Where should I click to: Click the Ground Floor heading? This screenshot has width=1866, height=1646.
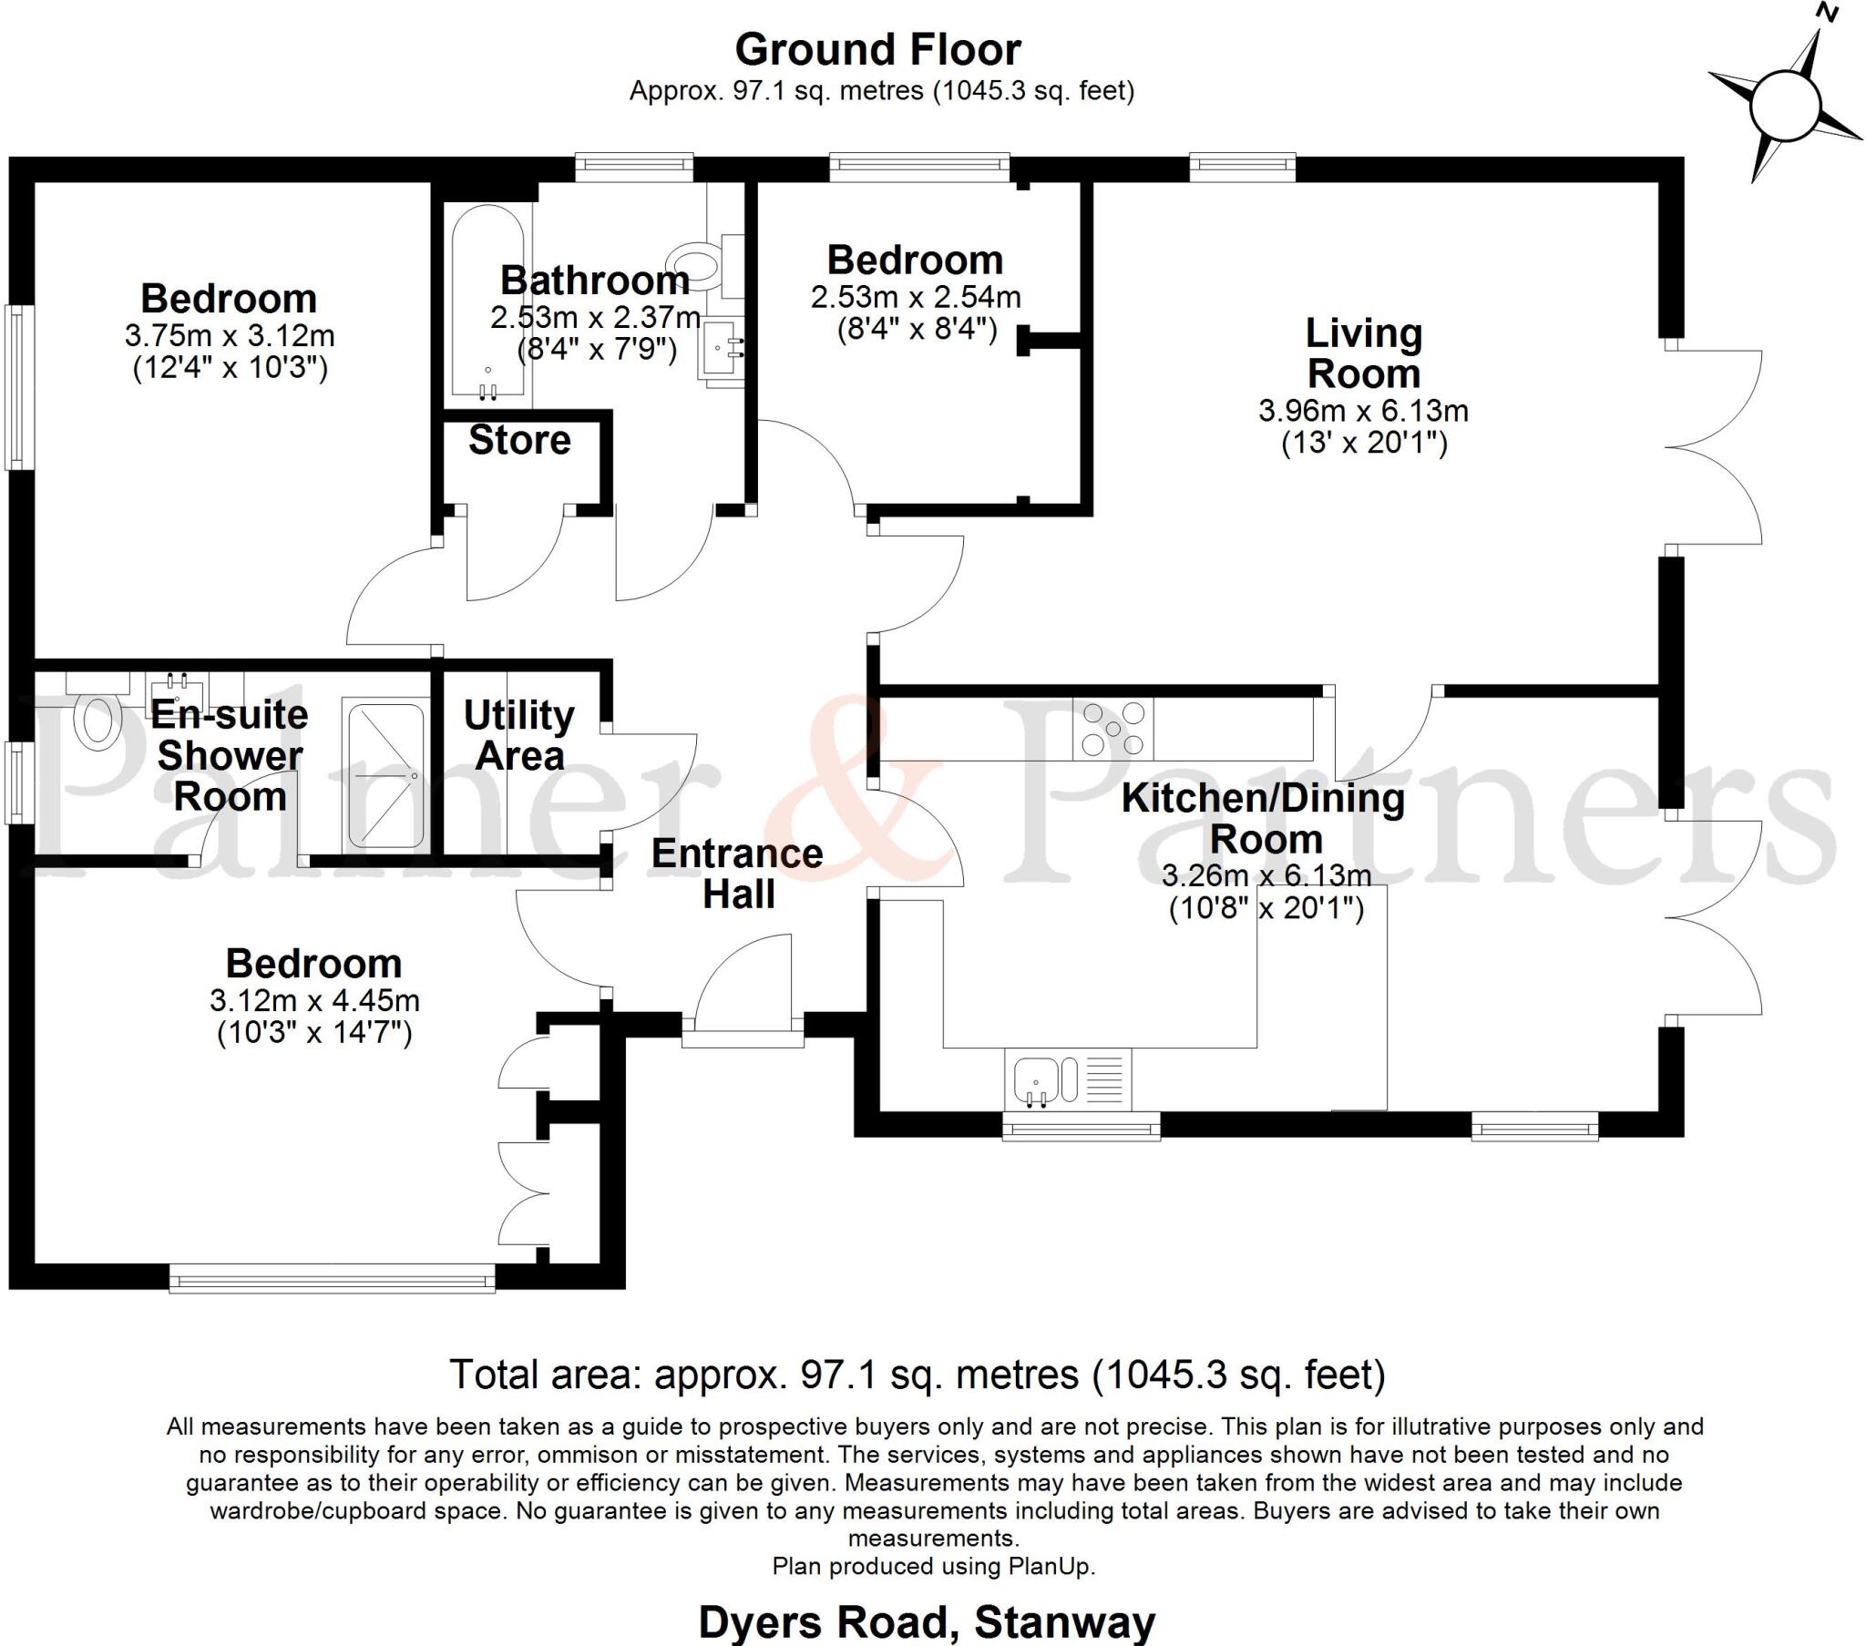877,50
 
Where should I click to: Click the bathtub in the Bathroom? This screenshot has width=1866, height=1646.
487,302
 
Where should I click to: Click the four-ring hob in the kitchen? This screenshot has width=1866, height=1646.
1112,729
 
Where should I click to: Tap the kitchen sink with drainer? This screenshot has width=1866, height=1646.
1067,1079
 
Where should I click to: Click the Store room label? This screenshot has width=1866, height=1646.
519,440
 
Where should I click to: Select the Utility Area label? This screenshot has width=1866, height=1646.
518,735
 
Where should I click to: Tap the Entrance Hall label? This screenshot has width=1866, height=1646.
738,874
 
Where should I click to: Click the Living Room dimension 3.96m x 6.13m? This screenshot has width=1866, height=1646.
1363,411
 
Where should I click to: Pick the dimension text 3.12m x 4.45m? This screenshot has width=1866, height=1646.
314,1000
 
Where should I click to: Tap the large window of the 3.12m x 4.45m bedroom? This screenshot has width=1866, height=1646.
333,1278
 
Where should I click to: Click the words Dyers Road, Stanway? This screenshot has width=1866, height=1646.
927,1622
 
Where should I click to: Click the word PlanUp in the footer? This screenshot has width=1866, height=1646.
1050,1567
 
